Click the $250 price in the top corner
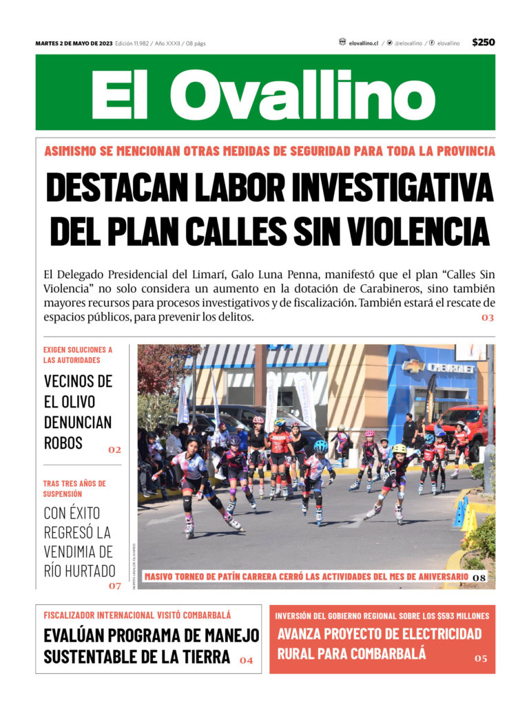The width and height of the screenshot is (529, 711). tap(483, 43)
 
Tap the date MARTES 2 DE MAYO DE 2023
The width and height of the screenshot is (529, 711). tap(74, 43)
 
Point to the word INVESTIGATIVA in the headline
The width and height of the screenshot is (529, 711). tap(391, 187)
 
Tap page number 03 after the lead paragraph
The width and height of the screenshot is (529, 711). tap(488, 318)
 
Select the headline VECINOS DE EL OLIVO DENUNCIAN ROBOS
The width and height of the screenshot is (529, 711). tap(78, 411)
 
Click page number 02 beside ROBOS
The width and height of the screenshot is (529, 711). tap(114, 450)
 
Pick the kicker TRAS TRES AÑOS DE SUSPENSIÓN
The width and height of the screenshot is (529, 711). tap(74, 488)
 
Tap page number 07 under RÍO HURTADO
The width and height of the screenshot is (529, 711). tap(114, 586)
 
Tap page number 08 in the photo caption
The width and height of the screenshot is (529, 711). tap(479, 577)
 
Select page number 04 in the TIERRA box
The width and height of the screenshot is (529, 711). tap(246, 661)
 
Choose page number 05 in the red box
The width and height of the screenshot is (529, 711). tap(480, 659)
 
